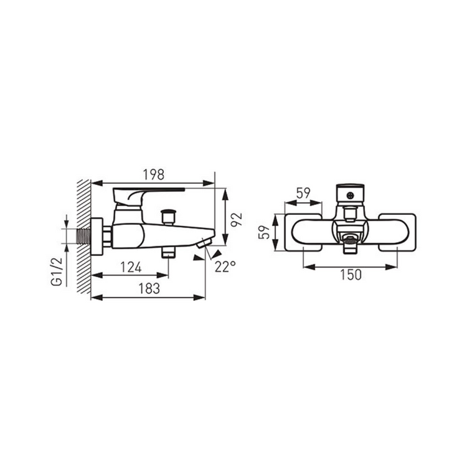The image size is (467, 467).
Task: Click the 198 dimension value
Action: [x=154, y=175]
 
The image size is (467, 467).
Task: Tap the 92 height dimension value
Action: [x=237, y=220]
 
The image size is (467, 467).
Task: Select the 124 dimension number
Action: [x=131, y=267]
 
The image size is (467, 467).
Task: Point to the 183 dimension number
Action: [x=149, y=288]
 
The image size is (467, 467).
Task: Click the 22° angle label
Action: [x=225, y=267]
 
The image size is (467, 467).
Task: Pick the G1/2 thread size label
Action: [x=57, y=271]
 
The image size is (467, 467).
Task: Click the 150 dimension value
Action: [x=351, y=275]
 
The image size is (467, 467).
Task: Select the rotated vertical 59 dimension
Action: [x=264, y=232]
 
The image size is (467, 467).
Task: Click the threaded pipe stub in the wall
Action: [x=84, y=236]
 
